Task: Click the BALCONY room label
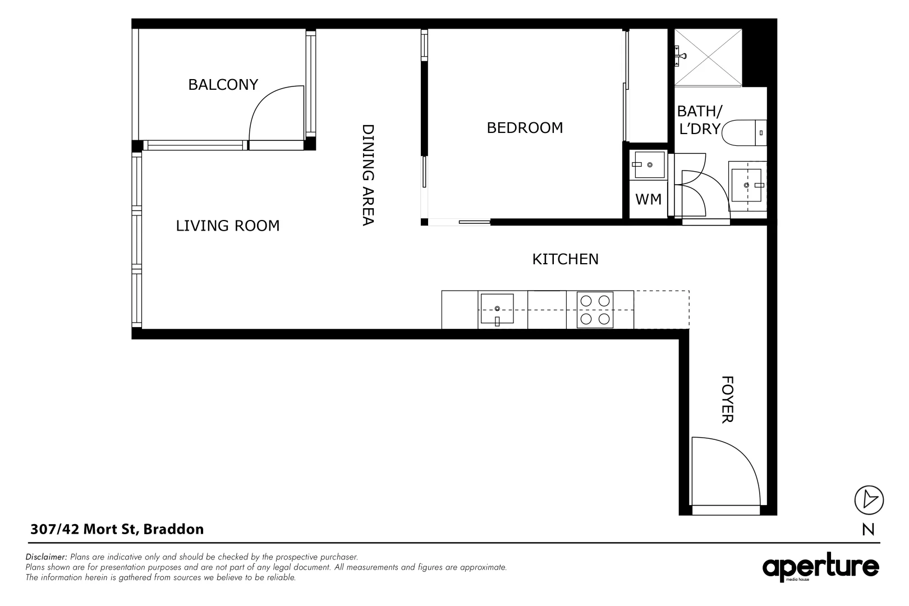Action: point(223,85)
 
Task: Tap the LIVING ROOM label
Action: point(227,226)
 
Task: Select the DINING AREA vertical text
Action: point(368,175)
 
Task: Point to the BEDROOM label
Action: point(525,128)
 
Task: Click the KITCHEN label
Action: point(565,259)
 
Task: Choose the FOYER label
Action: point(727,400)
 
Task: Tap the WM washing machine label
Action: point(648,199)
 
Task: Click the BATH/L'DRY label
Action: point(699,120)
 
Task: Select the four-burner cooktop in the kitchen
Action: point(595,310)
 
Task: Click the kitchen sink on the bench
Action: point(496,310)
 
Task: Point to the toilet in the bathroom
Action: point(743,133)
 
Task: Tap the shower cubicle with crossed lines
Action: point(708,58)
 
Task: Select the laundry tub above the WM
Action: point(648,165)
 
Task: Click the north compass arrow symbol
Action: point(869,499)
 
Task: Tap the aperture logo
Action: point(820,568)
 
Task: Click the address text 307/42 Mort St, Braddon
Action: point(117,529)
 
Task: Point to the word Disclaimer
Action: point(47,557)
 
